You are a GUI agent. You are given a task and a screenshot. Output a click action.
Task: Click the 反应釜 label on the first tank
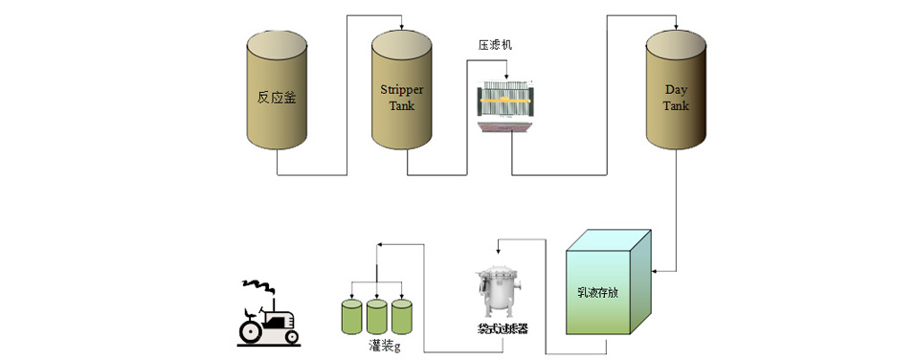point(277,97)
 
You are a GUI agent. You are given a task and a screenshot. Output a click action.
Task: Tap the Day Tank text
point(676,97)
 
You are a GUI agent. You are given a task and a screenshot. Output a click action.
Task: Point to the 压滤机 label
point(496,44)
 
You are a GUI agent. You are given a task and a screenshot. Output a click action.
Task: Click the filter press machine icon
point(507,106)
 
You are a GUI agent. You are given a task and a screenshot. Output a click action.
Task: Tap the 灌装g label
point(382,343)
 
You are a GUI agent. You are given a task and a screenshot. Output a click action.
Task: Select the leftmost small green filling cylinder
point(352,315)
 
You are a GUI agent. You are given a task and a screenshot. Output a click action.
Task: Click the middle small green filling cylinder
point(377,315)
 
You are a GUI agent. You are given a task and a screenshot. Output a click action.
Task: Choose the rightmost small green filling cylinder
point(402,315)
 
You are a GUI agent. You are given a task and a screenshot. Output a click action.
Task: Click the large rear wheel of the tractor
point(252,330)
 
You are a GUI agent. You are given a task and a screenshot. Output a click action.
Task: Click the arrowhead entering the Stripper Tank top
point(402,25)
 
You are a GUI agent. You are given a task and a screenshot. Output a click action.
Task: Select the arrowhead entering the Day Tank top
point(676,25)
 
